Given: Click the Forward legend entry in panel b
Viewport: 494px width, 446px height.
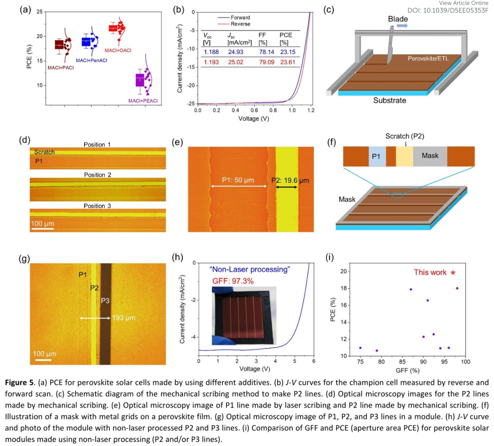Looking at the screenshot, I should coord(240,18).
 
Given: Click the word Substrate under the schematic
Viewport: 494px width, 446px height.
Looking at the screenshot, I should coord(389,100).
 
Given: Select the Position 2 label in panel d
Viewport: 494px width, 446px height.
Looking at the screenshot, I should coord(97,175).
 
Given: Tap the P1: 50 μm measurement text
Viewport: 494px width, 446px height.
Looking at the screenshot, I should coord(238,181).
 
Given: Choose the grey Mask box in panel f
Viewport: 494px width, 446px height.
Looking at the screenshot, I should coord(430,156).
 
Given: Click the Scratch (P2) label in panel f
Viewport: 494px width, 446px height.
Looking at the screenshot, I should coord(405,136).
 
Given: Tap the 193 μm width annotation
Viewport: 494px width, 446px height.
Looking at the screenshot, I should coord(124,318).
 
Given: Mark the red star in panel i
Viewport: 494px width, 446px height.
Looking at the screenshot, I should coord(453,272).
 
